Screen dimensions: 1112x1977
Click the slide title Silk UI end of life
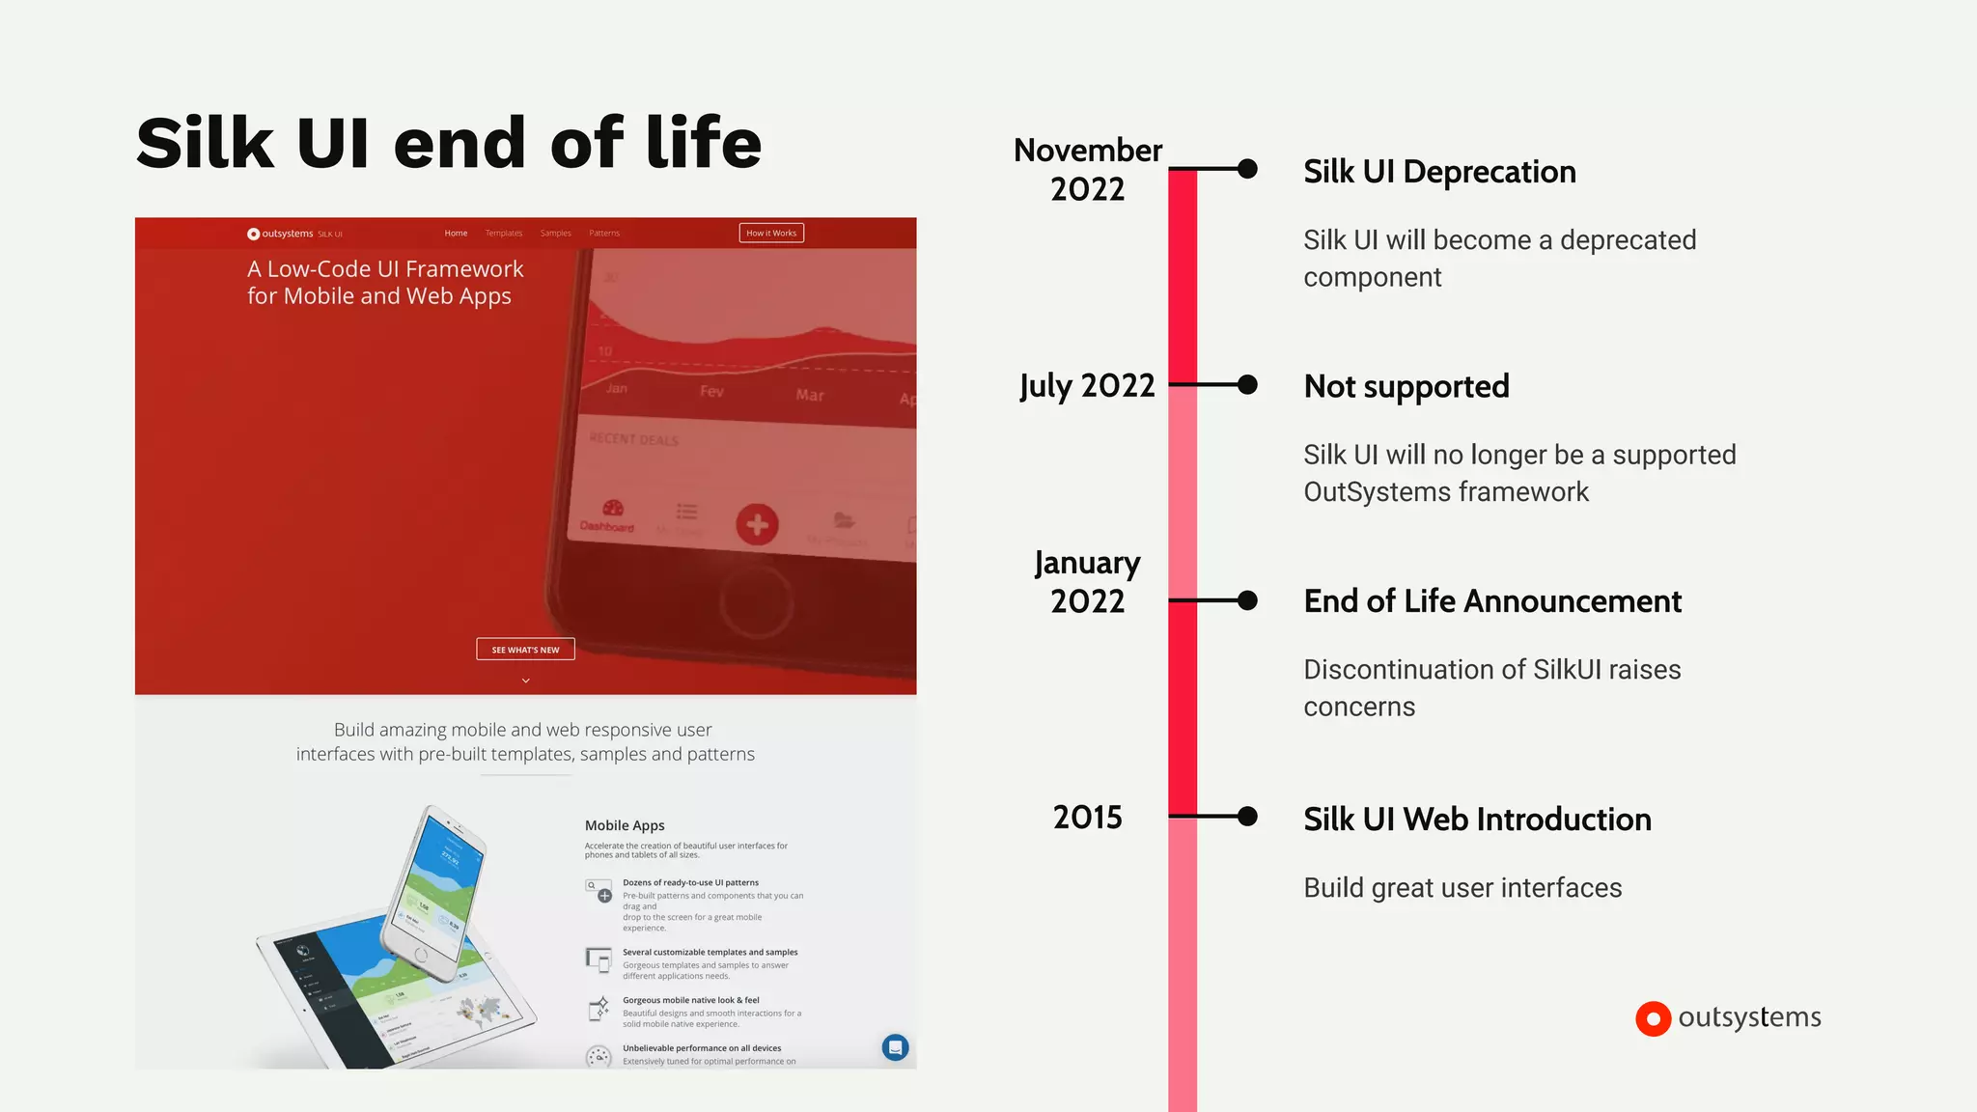(449, 143)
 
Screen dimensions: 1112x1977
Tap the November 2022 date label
(1088, 169)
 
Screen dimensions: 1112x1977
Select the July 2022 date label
(1087, 386)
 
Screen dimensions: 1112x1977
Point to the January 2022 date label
(1088, 581)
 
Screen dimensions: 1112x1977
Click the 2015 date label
(1088, 818)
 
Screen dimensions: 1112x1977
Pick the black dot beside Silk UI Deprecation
(1247, 169)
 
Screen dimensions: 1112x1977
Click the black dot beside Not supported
(1247, 385)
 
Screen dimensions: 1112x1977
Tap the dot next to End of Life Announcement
(1247, 600)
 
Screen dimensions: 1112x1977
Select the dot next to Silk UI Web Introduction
(1247, 817)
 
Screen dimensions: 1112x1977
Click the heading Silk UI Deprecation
(1439, 172)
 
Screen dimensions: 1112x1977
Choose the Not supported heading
(1406, 386)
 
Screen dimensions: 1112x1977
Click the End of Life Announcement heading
(1492, 601)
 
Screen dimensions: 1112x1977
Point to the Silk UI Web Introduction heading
(1477, 820)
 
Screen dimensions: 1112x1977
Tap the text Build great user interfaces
(1462, 888)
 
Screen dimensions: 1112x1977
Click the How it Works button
(771, 233)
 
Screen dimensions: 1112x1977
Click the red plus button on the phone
(757, 524)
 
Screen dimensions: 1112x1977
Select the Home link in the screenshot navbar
(456, 233)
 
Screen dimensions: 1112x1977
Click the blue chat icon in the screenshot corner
(895, 1047)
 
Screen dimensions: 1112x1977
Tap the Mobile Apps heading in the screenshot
(625, 825)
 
